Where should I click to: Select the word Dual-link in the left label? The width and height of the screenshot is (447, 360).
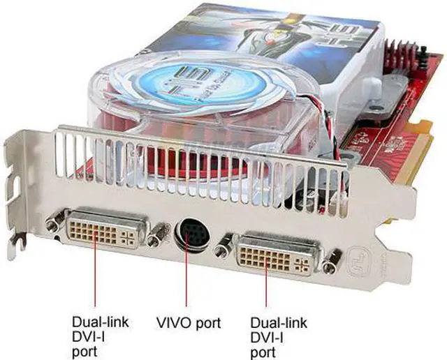pos(99,323)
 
